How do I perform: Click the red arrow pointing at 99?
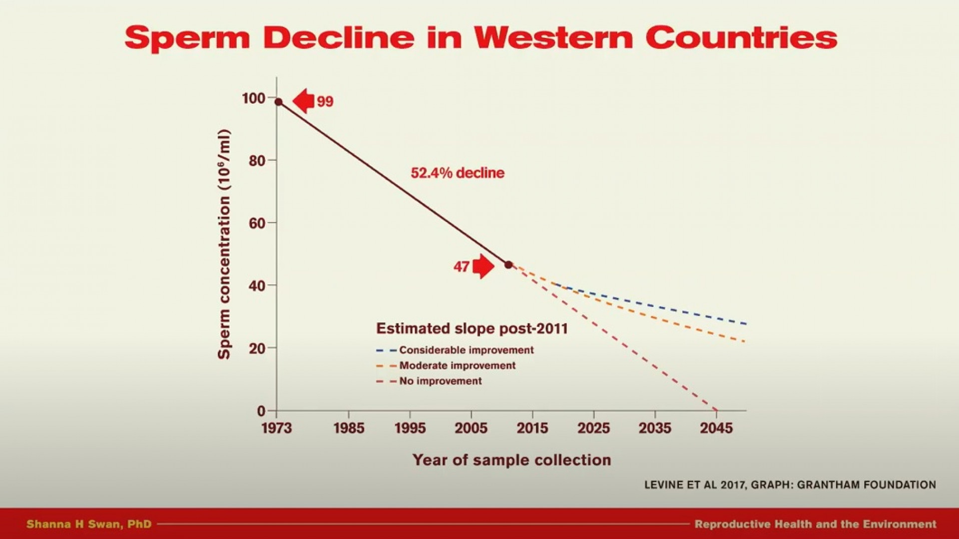click(303, 101)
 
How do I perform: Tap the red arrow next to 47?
click(483, 266)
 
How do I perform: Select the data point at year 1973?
click(279, 102)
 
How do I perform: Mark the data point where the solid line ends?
click(508, 265)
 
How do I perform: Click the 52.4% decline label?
click(458, 173)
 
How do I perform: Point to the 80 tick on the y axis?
click(257, 161)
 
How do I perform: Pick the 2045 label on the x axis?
click(716, 428)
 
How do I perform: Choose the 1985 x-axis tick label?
click(349, 428)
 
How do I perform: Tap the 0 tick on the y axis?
click(261, 411)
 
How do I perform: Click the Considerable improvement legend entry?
click(455, 350)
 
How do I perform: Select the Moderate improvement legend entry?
click(446, 366)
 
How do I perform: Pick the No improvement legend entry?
click(429, 381)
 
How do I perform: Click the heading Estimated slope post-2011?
click(472, 328)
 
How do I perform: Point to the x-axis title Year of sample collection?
click(511, 460)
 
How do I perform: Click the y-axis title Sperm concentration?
click(224, 244)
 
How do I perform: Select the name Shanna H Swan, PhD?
click(89, 524)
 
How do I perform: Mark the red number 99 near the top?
click(325, 101)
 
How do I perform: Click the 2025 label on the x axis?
click(593, 428)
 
